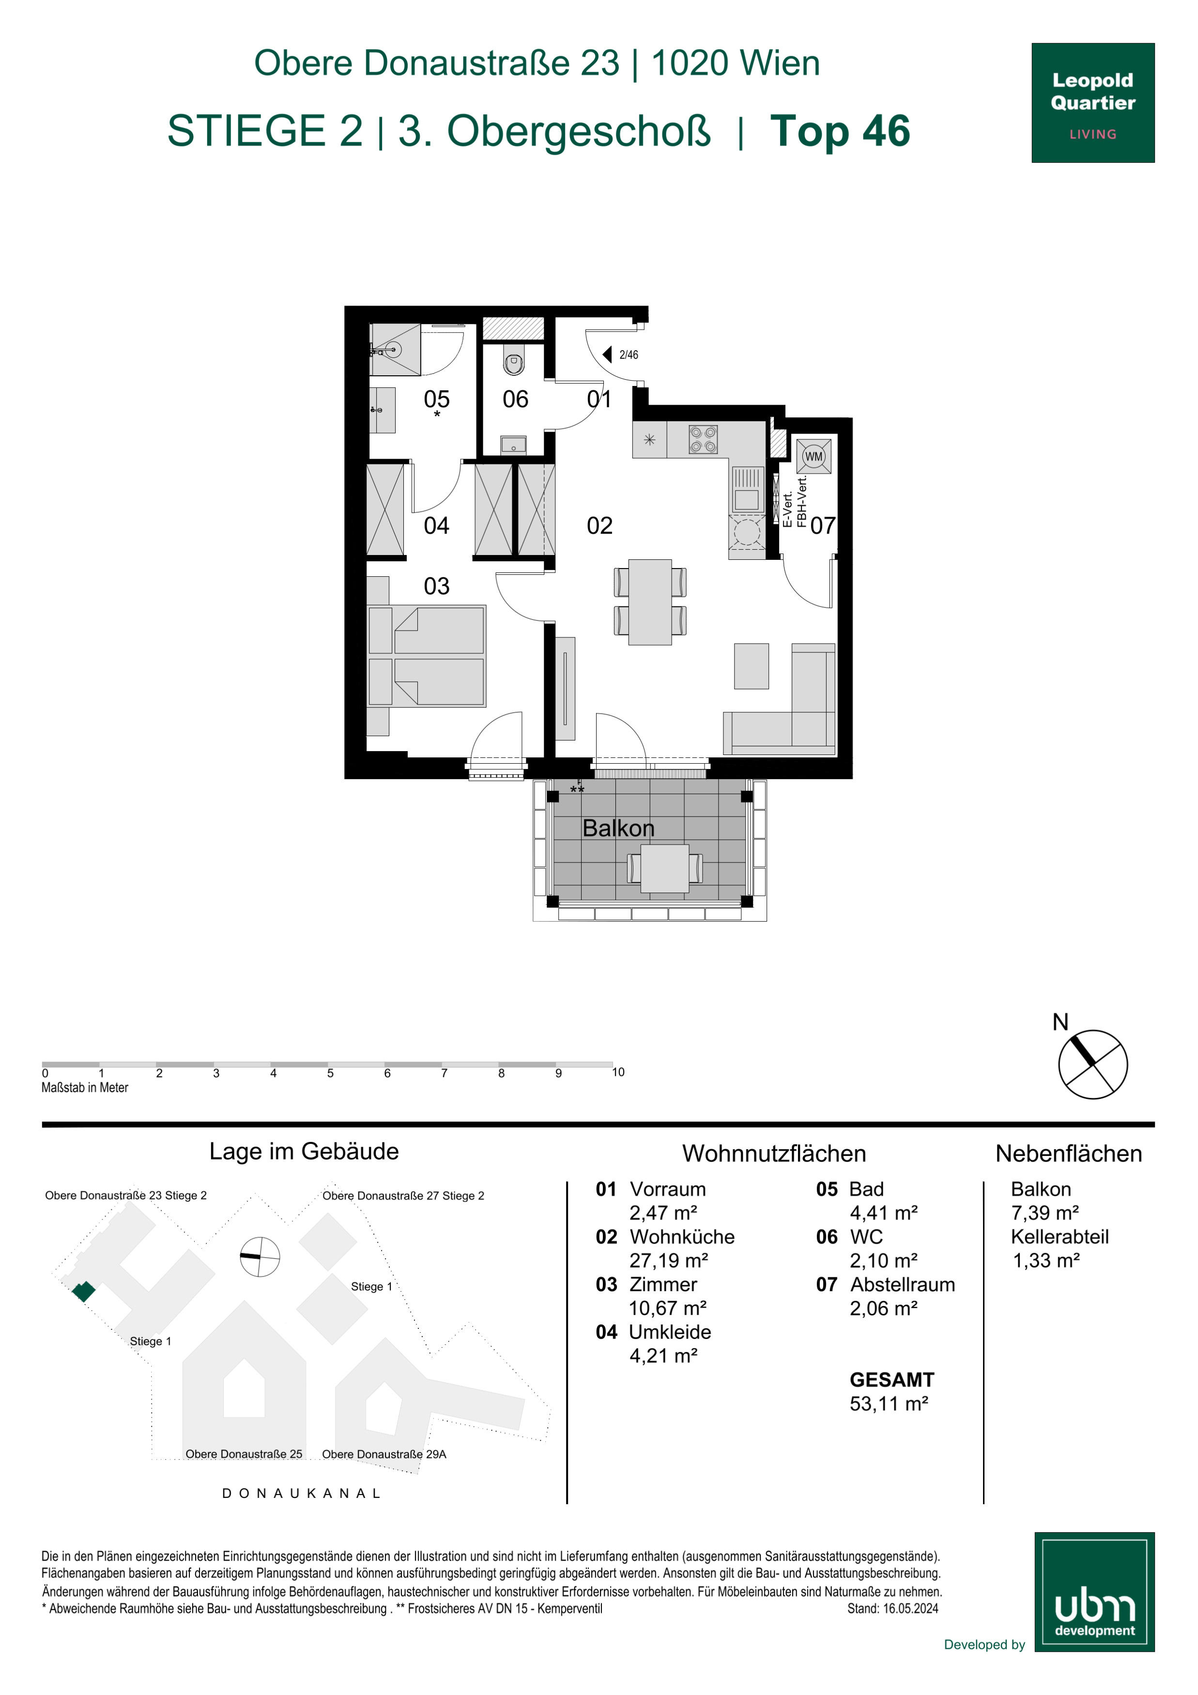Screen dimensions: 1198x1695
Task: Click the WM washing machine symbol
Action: pos(814,456)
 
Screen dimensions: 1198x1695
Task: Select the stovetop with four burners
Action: pos(703,439)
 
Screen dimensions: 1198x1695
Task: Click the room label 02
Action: pos(599,525)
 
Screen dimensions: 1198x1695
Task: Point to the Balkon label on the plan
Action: pos(618,828)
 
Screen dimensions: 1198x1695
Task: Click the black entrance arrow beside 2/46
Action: pos(608,354)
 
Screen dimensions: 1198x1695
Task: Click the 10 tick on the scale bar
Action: pos(618,1072)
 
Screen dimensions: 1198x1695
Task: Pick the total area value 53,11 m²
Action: pos(889,1403)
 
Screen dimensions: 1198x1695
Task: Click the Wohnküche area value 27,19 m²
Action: pos(669,1260)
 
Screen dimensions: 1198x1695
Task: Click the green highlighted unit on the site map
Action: pos(83,1291)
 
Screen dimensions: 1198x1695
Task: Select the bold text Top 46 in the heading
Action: pos(840,131)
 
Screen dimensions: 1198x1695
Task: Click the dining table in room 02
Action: pos(649,601)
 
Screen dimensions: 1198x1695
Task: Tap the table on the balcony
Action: pos(664,868)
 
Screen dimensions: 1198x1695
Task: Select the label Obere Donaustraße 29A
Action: pos(384,1454)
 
